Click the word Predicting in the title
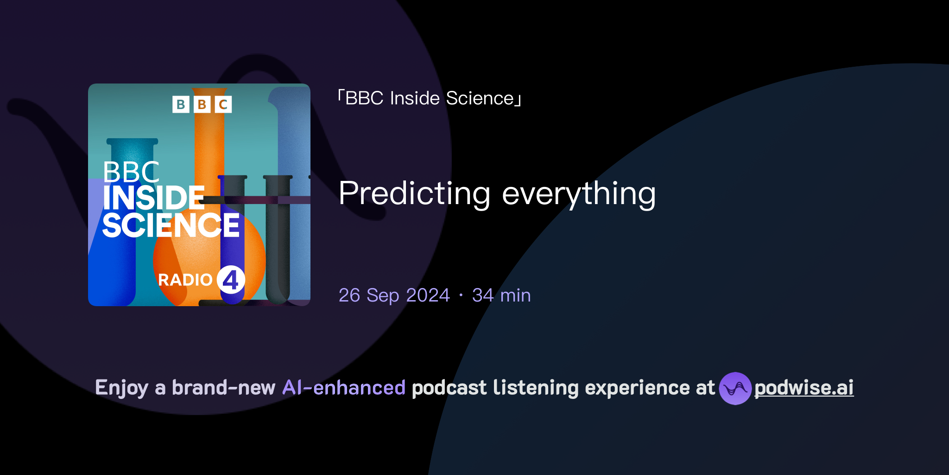414,193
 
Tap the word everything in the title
579,193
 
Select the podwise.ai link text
804,388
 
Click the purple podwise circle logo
735,388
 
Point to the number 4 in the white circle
231,280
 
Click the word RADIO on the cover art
185,280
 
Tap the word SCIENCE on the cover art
171,226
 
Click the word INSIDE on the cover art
153,199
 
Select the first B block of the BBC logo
181,104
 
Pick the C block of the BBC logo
223,104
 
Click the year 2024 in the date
428,295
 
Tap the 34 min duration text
501,295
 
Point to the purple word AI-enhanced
344,388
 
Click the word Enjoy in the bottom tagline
121,388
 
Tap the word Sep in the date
383,295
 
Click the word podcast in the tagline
449,388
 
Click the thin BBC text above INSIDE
131,173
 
